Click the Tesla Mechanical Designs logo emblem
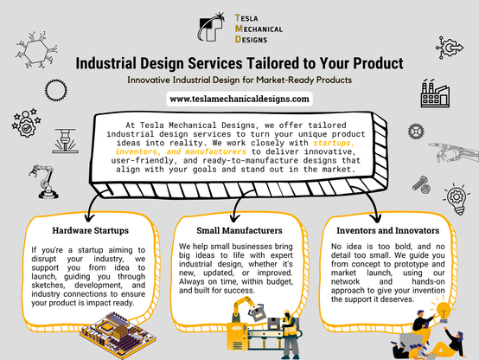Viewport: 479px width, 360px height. pos(211,27)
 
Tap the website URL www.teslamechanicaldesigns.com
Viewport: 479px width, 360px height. pos(239,100)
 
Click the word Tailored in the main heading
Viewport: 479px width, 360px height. pos(273,63)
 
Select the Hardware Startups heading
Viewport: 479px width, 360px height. pos(91,230)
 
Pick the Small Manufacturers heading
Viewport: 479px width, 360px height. pos(239,230)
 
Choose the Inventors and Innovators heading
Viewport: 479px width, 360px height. pos(388,230)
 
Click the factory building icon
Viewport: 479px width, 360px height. pos(435,93)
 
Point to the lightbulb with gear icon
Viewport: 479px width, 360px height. pos(456,198)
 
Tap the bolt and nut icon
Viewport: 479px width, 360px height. pos(422,184)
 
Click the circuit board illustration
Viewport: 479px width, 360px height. pos(118,335)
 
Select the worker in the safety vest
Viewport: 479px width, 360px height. pos(289,334)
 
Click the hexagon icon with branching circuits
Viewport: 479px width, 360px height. pos(36,50)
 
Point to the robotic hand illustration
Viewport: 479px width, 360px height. pos(454,152)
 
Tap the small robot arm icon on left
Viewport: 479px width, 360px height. pos(44,182)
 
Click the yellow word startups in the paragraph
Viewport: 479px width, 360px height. pos(334,143)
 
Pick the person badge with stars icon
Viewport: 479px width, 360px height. pos(26,123)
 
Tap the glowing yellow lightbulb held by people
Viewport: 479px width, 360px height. pos(444,311)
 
